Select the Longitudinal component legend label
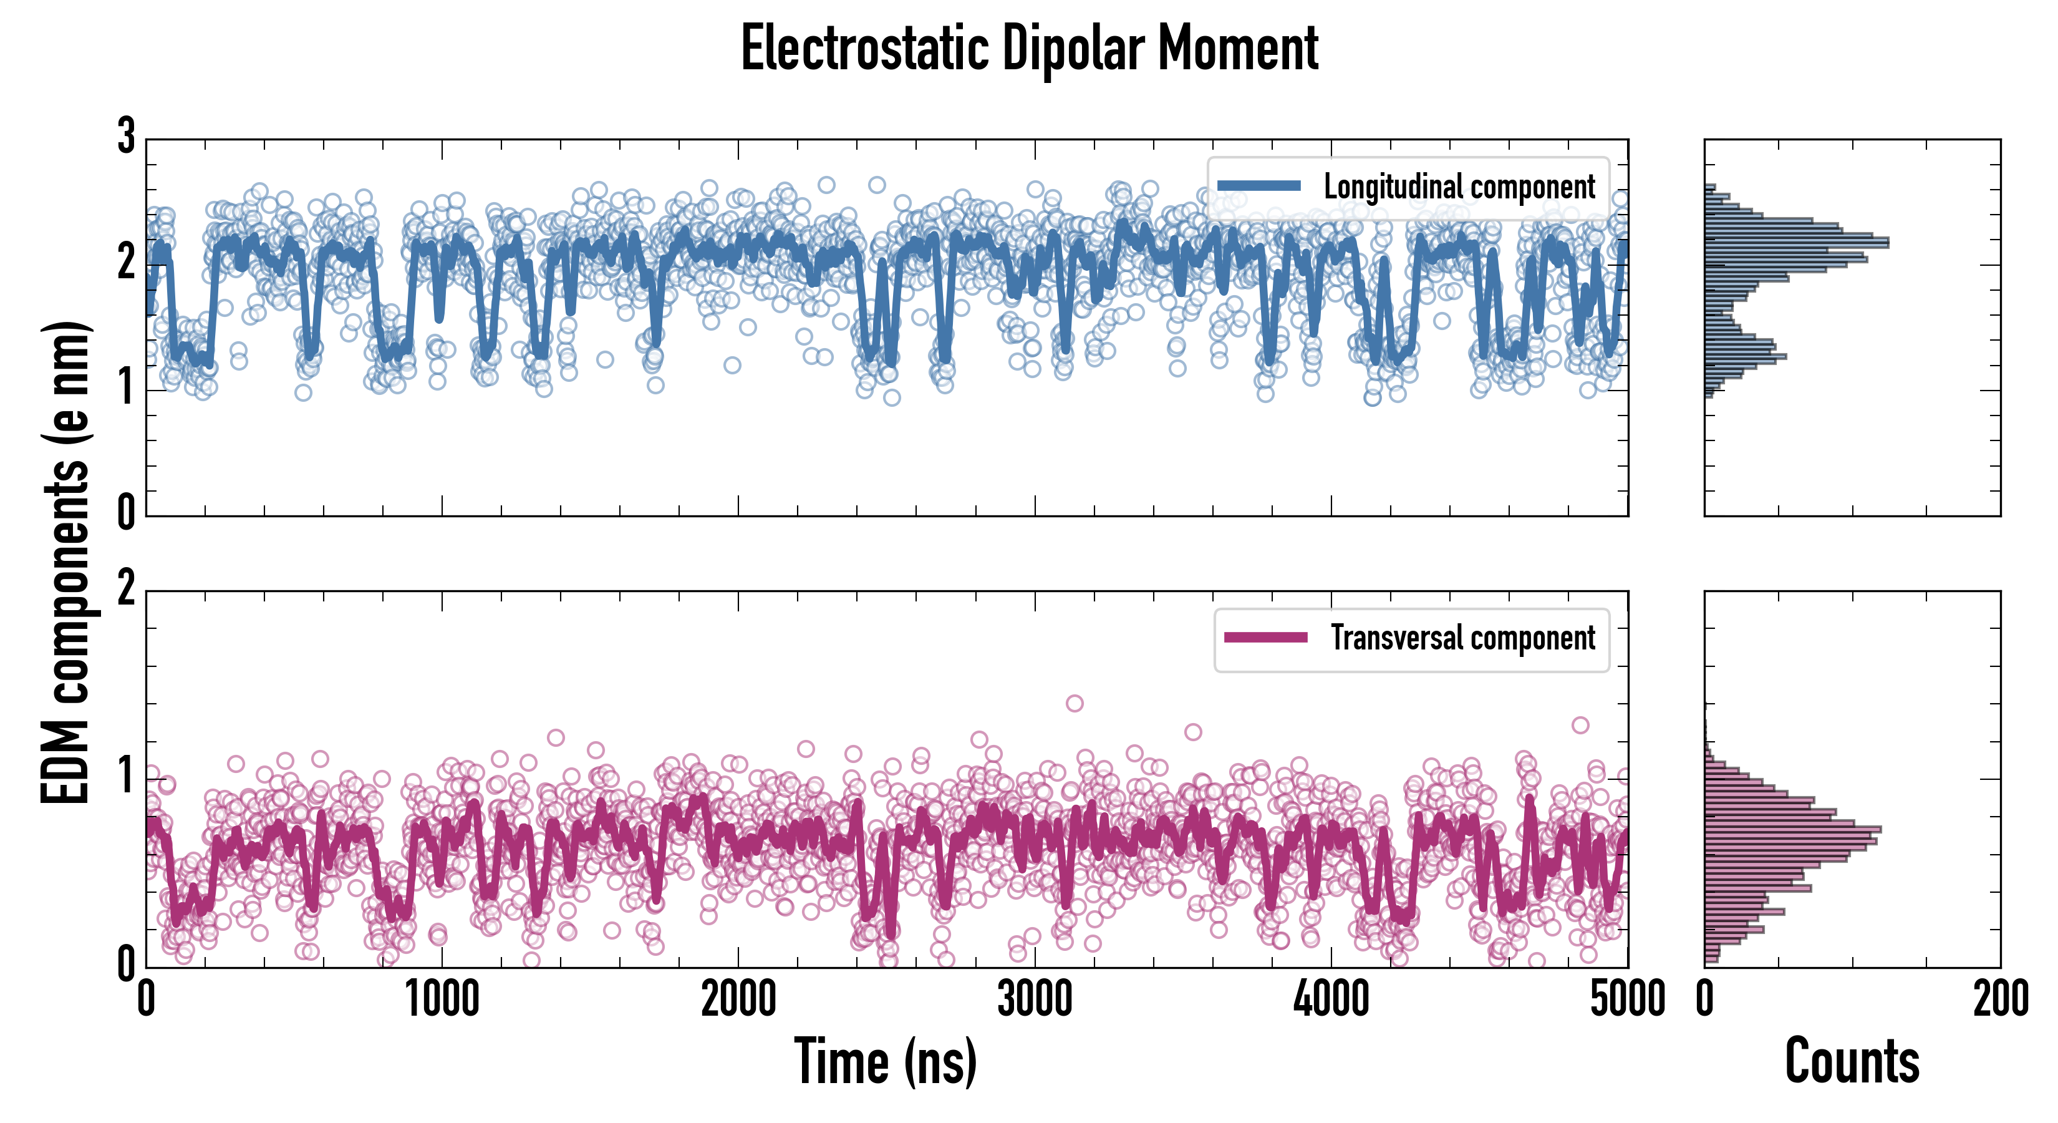(x=1459, y=187)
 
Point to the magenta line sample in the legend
(x=1265, y=638)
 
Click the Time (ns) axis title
(x=885, y=1061)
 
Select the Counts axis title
(x=1852, y=1061)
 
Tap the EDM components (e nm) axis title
(x=65, y=563)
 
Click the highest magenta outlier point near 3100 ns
(x=1075, y=703)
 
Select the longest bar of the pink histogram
(x=1793, y=830)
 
